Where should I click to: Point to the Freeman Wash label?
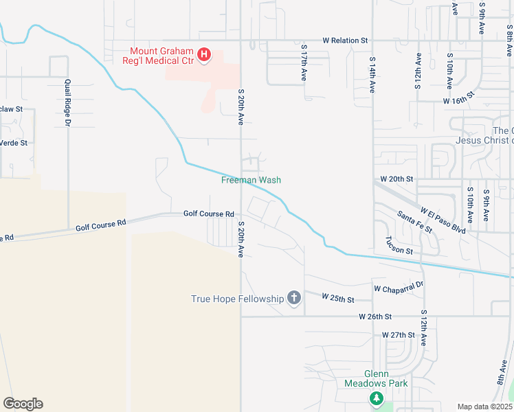(251, 180)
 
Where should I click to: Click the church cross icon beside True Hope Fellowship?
(294, 298)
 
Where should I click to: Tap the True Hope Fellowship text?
(237, 299)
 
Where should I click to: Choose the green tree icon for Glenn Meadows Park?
(376, 398)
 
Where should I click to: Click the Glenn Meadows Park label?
(376, 378)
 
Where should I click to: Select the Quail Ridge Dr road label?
(68, 103)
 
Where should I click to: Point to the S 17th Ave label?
(303, 64)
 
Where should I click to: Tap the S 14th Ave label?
(372, 75)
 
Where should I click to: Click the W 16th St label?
(459, 101)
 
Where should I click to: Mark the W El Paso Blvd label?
(443, 220)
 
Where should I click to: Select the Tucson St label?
(399, 245)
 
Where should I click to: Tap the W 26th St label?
(375, 317)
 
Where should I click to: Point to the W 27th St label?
(399, 335)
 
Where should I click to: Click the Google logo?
(23, 403)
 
